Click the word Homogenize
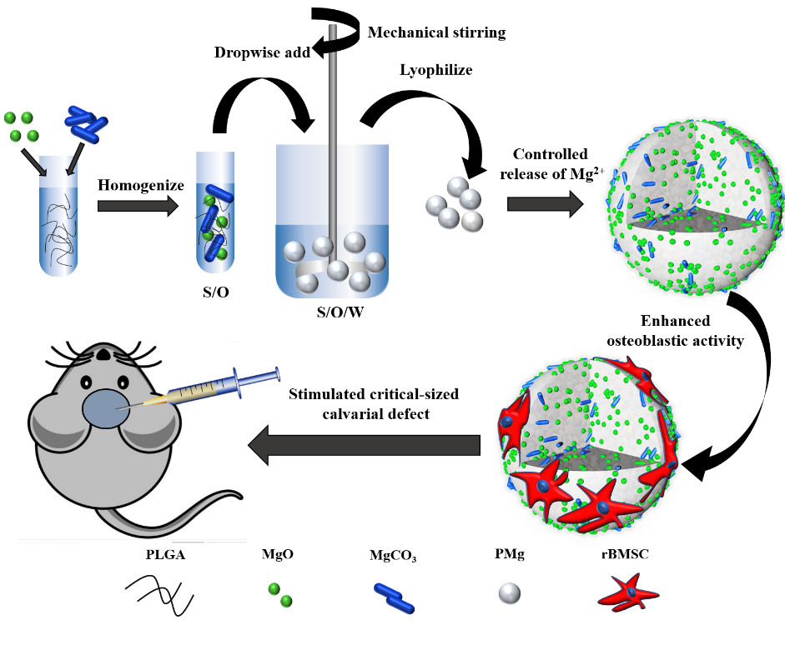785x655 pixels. pyautogui.click(x=140, y=185)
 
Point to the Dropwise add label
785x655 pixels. pyautogui.click(x=259, y=52)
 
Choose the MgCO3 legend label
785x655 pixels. pyautogui.click(x=392, y=555)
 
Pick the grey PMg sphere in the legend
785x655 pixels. pyautogui.click(x=509, y=593)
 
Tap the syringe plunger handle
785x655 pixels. pyautogui.click(x=274, y=377)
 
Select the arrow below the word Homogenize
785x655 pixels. pyautogui.click(x=138, y=205)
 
